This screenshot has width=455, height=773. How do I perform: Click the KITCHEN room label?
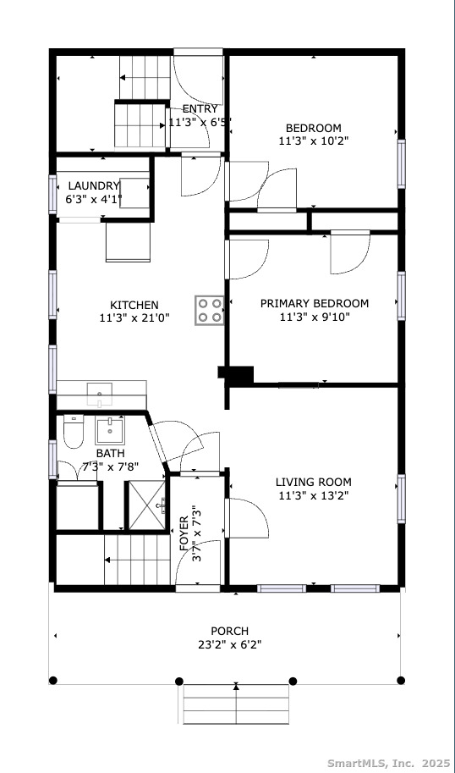[x=134, y=305]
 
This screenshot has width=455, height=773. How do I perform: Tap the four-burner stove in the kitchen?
[x=210, y=310]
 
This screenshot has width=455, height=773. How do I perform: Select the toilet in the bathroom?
[x=74, y=432]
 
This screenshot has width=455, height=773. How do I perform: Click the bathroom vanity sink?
[x=109, y=430]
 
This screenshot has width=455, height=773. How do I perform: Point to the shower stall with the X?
[x=147, y=505]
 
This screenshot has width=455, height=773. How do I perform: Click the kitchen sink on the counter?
[x=100, y=395]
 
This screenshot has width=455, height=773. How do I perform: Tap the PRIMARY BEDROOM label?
[x=314, y=303]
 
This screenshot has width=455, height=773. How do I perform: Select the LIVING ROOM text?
[x=313, y=482]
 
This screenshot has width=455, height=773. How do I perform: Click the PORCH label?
[x=229, y=631]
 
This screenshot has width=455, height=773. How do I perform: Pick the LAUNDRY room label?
[x=94, y=186]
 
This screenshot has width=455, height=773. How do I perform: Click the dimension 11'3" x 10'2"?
[x=314, y=141]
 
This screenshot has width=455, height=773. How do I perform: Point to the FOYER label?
[x=184, y=533]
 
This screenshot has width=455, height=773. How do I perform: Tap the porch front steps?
[x=236, y=704]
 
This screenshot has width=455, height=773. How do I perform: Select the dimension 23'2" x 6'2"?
[x=229, y=644]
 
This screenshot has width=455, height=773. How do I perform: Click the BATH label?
[x=110, y=453]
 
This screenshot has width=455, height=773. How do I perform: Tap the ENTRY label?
[x=200, y=109]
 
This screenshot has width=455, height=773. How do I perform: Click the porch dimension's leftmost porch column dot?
[x=53, y=681]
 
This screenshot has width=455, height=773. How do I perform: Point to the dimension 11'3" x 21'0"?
[x=134, y=318]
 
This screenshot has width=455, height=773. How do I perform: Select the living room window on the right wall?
[x=402, y=499]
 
